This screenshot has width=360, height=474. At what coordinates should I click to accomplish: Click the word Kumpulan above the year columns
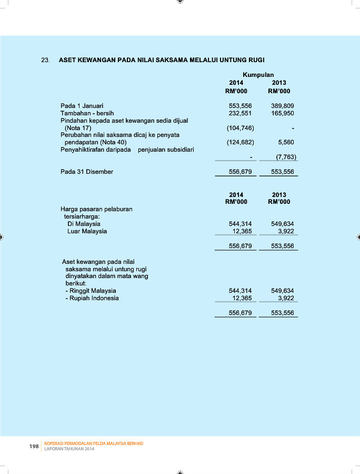258,75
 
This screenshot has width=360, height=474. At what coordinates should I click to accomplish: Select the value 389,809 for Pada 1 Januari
282,106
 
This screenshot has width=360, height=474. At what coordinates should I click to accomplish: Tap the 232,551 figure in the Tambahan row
240,113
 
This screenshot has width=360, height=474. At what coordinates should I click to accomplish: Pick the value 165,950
282,113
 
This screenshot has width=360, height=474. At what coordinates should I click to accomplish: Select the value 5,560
286,142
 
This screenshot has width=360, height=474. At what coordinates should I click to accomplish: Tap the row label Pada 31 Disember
87,172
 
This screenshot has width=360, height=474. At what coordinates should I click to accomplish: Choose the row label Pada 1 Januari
82,106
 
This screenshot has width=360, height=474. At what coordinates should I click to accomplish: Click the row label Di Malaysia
84,224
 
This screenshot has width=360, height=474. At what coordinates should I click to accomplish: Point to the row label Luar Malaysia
87,231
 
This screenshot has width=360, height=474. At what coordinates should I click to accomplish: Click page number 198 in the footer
34,447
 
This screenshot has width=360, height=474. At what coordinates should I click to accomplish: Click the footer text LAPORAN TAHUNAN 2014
69,449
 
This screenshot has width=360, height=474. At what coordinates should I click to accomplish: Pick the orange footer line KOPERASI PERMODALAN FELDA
94,443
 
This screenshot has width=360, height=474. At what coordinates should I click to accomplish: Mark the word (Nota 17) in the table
78,128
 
